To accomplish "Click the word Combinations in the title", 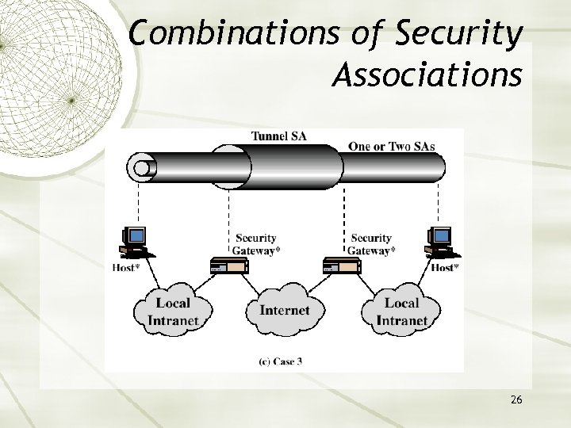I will pyautogui.click(x=216, y=36).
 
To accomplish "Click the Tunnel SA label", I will pyautogui.click(x=278, y=136).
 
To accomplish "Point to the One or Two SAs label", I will pyautogui.click(x=392, y=146).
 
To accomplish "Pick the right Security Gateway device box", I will pyautogui.click(x=342, y=266).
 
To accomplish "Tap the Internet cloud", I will pyautogui.click(x=284, y=310).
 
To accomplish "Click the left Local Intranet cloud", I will pyautogui.click(x=173, y=311).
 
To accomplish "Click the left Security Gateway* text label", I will pyautogui.click(x=255, y=244).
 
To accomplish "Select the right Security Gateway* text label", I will pyautogui.click(x=371, y=244).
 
